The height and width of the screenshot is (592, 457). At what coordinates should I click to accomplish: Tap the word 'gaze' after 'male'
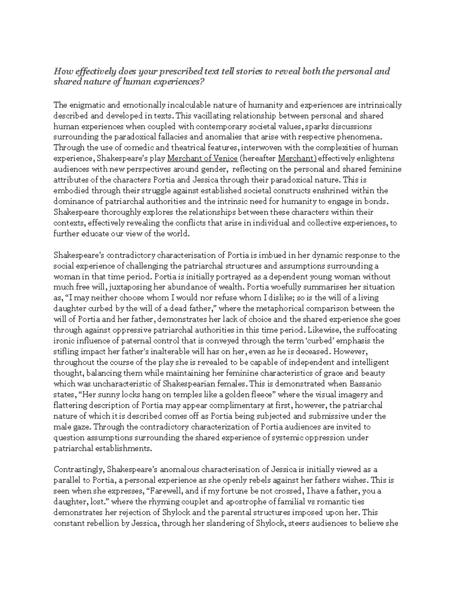click(x=80, y=427)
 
